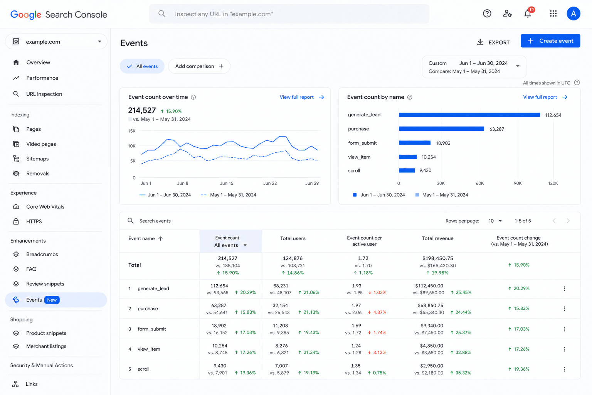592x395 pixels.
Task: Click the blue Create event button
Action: click(550, 41)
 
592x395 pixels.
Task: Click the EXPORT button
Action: click(493, 42)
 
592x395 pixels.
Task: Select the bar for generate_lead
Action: click(469, 115)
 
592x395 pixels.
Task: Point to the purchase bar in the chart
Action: click(441, 129)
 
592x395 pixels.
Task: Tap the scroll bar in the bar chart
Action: click(407, 170)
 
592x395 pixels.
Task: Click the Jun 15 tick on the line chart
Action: click(227, 183)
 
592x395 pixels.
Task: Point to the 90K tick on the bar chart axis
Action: click(518, 183)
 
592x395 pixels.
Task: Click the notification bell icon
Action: click(528, 14)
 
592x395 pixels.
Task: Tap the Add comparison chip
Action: click(199, 66)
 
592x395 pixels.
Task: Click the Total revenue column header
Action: click(438, 238)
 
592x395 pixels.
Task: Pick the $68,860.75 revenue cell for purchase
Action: click(430, 305)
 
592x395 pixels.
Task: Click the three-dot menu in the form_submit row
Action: click(565, 329)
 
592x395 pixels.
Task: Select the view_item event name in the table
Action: click(149, 349)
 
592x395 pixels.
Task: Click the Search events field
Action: click(155, 221)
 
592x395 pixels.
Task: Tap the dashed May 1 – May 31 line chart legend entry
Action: click(228, 195)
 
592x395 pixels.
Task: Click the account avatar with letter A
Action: click(573, 14)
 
